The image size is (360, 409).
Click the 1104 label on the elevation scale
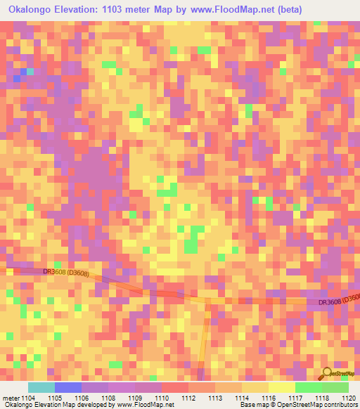28,397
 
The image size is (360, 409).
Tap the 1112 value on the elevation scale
188,397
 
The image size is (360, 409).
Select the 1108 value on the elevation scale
108,397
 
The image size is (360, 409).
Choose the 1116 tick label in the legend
269,397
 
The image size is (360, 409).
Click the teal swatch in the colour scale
41,387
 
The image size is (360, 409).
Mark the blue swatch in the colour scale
68,387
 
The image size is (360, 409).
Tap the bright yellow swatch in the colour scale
281,387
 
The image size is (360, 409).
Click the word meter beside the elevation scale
10,397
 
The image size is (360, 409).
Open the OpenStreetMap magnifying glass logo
327,375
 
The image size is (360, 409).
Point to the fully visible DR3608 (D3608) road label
66,271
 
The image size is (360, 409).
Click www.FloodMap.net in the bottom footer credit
150,405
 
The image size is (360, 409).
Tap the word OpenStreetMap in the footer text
295,405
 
